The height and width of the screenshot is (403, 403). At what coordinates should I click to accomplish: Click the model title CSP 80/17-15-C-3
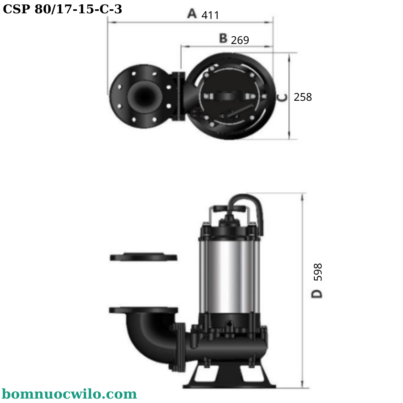click(x=62, y=9)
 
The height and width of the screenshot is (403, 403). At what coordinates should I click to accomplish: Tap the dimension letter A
click(x=192, y=13)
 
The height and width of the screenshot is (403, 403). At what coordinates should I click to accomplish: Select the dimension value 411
click(x=210, y=15)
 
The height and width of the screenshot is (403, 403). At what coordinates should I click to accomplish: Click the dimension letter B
click(x=223, y=38)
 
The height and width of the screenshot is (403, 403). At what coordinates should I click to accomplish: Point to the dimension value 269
click(x=240, y=40)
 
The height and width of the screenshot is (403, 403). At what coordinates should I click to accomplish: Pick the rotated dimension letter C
click(x=282, y=98)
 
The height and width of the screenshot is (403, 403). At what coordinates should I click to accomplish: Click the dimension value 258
click(x=303, y=97)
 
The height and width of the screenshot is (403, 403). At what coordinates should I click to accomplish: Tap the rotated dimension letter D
click(x=317, y=294)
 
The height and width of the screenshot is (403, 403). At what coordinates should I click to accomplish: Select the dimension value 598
click(x=318, y=272)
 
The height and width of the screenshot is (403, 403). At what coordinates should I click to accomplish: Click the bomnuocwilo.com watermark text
click(x=69, y=394)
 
